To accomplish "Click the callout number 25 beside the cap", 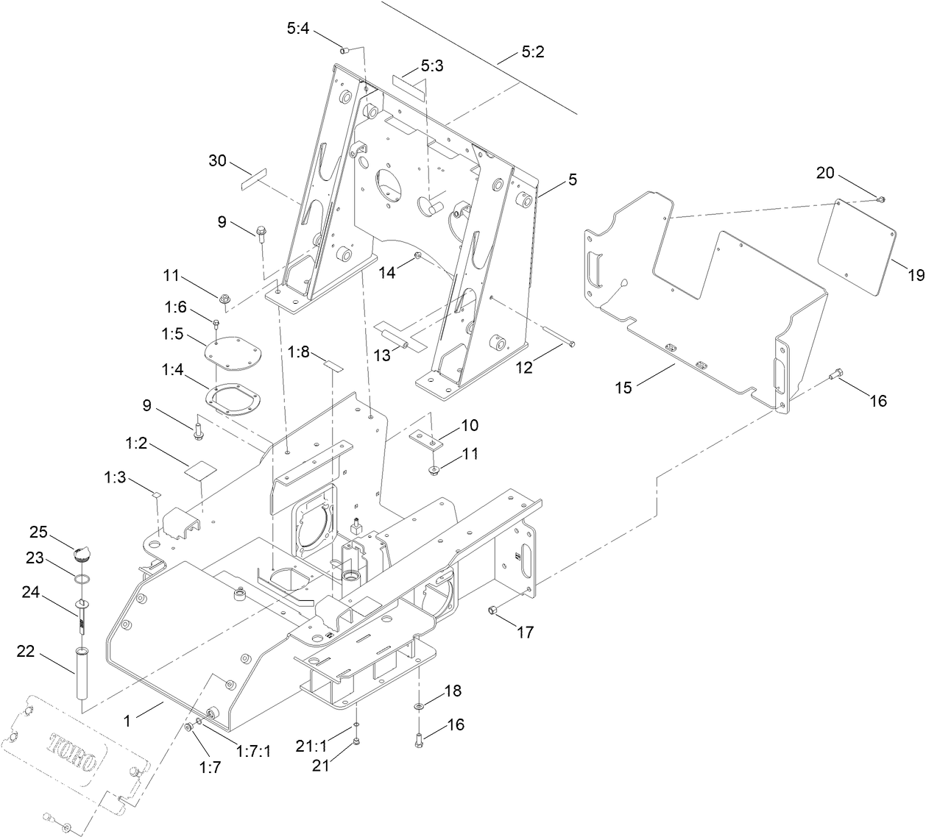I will pos(38,531).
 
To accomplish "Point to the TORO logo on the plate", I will pos(73,751).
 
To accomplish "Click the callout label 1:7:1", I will pos(252,751).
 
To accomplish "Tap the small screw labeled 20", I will pos(881,199).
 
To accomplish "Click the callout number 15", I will pos(623,387).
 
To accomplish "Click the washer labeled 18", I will pos(419,707).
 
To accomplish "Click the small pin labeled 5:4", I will pos(343,50).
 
